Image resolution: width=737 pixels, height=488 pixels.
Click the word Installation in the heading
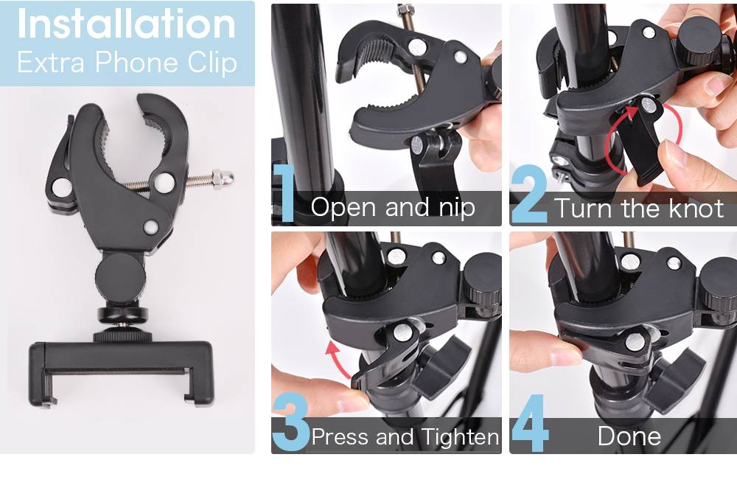(x=126, y=24)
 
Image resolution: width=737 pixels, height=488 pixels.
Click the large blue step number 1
(x=284, y=192)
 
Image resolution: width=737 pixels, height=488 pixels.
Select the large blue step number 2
(x=529, y=194)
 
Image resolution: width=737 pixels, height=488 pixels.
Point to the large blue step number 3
(x=290, y=422)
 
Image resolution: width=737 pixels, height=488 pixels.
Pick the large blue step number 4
(x=530, y=422)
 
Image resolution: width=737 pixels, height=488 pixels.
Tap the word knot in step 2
(x=696, y=209)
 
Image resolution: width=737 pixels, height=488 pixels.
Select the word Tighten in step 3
(x=459, y=437)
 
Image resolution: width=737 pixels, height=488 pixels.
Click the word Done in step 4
(x=629, y=436)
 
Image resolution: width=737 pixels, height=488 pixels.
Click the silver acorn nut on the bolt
(x=223, y=178)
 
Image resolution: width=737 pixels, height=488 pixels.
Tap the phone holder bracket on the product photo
(x=122, y=372)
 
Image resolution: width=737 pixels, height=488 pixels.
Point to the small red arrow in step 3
(x=338, y=360)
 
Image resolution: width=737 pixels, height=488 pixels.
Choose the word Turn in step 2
(x=582, y=209)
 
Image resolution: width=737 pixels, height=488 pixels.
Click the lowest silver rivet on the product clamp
(x=151, y=227)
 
